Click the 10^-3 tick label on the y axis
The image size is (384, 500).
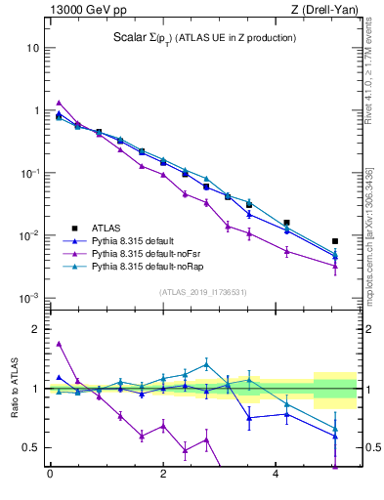tap(29, 298)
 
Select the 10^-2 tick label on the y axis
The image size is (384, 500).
tap(29, 235)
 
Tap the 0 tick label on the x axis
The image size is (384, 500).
tap(50, 476)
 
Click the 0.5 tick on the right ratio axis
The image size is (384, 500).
tap(369, 447)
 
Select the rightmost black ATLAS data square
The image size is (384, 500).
tap(335, 241)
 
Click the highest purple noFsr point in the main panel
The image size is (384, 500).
tap(59, 103)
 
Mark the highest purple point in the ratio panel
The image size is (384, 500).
tap(59, 344)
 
